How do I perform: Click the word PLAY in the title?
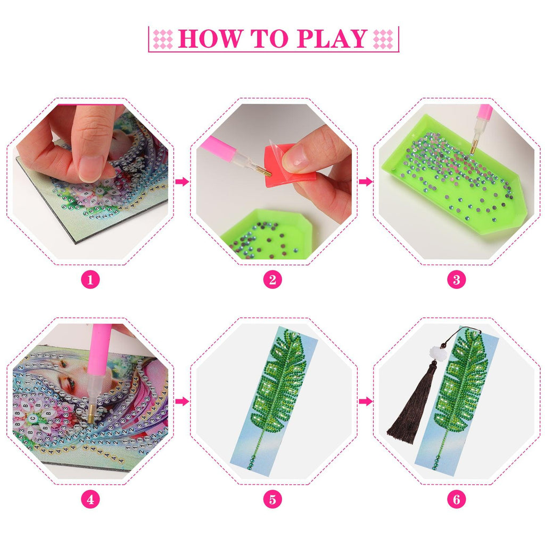[332, 38]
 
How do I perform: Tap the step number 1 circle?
[90, 279]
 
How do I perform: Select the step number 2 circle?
[272, 279]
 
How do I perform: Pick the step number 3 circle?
[456, 279]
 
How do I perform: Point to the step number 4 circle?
[90, 499]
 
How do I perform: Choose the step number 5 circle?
[272, 499]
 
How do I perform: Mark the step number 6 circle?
[456, 499]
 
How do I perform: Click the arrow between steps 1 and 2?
[182, 181]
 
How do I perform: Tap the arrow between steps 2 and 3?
[365, 181]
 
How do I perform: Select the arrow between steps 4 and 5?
[182, 402]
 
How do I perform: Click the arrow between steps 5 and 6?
[365, 402]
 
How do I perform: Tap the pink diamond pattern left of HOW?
[163, 39]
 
